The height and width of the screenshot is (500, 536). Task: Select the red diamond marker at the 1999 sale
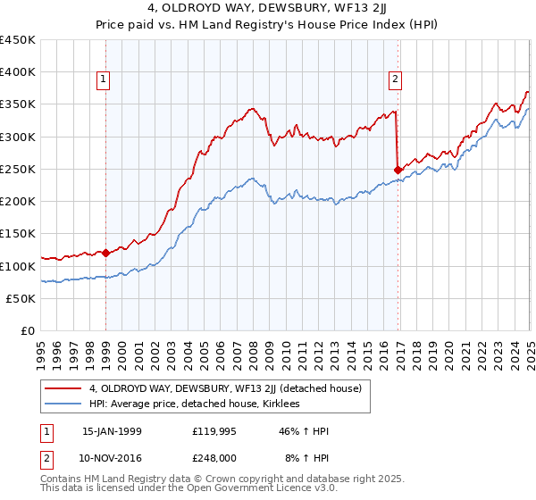click(105, 253)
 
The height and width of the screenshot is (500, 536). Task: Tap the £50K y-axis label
click(21, 298)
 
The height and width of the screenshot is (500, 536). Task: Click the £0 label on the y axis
click(29, 330)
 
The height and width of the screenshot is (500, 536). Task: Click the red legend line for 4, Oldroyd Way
click(64, 388)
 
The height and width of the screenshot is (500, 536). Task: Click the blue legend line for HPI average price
click(64, 404)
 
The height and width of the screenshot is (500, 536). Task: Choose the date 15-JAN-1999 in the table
click(112, 431)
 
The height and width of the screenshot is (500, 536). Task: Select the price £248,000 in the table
click(215, 456)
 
